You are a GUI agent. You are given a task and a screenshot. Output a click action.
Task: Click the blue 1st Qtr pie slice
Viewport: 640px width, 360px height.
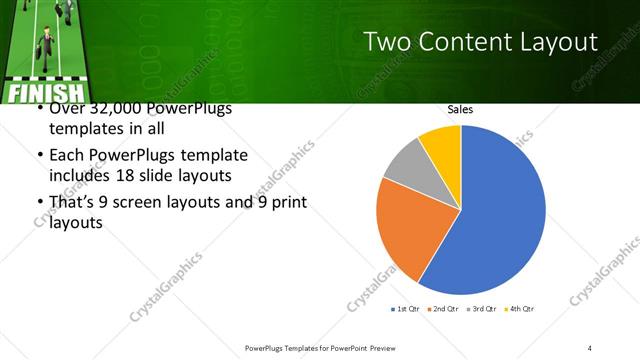[x=500, y=220]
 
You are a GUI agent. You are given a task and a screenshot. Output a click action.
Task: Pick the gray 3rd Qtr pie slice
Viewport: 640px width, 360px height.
[x=406, y=165]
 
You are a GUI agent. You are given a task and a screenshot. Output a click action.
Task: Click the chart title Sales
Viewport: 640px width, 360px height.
[x=460, y=109]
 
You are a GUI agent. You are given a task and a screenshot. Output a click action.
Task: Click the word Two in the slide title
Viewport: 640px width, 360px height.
[x=385, y=42]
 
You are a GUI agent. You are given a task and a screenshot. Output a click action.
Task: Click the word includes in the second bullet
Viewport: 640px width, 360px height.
[x=79, y=176]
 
